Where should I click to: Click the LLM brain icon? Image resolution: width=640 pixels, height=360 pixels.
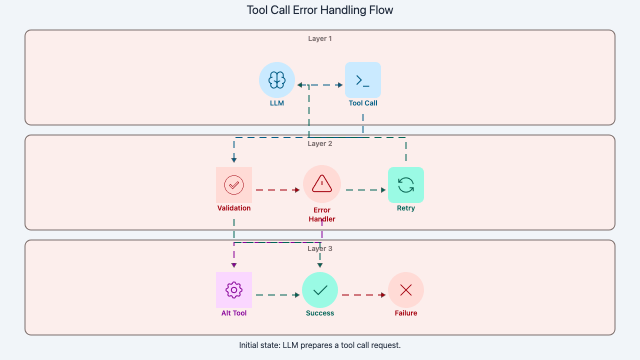point(277,80)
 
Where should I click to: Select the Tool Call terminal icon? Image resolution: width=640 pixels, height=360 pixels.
point(363,80)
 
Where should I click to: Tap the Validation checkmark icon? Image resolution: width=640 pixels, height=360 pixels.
point(234,185)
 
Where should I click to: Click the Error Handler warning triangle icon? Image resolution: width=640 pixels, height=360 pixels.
point(322,184)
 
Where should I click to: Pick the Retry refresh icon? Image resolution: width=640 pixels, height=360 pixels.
point(406,185)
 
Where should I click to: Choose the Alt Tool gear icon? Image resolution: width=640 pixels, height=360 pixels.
point(234,290)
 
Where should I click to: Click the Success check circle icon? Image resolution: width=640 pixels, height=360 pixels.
point(320,290)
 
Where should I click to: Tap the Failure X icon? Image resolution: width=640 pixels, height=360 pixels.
point(406,290)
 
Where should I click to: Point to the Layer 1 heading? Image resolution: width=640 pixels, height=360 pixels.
point(320,38)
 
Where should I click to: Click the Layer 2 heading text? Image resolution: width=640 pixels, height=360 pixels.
point(320,143)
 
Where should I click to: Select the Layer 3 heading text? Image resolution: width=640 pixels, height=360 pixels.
point(320,248)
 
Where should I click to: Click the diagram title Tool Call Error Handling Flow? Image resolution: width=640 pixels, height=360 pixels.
point(320,10)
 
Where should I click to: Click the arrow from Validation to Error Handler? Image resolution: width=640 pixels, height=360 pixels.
point(277,190)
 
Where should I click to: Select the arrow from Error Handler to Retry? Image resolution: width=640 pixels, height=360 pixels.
point(365,190)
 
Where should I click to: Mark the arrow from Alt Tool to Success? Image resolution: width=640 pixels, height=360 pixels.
point(277,295)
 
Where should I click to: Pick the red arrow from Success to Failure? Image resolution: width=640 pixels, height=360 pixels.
point(363,295)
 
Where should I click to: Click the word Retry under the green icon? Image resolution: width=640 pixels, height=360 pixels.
point(406,208)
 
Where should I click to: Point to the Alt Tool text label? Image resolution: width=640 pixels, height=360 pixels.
point(234,313)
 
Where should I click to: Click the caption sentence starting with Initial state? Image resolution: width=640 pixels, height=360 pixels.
point(320,345)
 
